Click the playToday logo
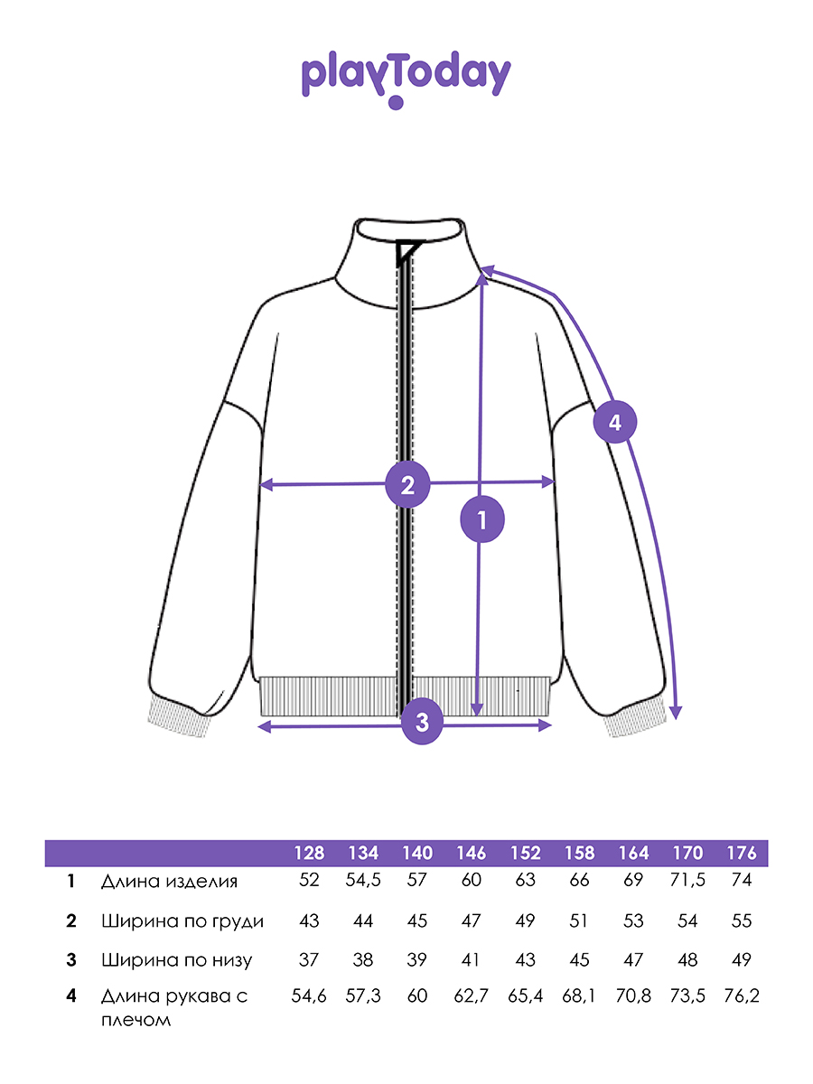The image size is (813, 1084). click(406, 79)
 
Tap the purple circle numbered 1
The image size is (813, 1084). click(481, 519)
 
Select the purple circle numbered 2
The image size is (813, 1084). click(407, 484)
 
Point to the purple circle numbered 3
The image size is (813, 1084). click(422, 722)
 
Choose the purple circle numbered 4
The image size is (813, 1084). click(614, 422)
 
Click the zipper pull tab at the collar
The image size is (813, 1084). click(407, 252)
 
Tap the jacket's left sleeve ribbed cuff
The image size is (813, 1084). click(179, 721)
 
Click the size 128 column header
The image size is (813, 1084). click(309, 853)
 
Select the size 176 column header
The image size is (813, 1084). click(742, 853)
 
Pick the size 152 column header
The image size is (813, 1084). click(525, 853)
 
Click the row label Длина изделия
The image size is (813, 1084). click(169, 882)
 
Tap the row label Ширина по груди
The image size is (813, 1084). click(182, 921)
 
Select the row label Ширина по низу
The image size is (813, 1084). click(177, 959)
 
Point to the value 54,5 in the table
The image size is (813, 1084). click(363, 880)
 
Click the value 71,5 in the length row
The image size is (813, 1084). click(687, 880)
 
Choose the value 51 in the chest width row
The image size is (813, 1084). click(578, 920)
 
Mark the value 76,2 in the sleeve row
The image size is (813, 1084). click(742, 995)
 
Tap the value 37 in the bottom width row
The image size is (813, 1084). click(309, 959)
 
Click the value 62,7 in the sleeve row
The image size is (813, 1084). click(471, 995)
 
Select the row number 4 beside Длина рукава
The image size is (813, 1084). click(71, 995)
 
